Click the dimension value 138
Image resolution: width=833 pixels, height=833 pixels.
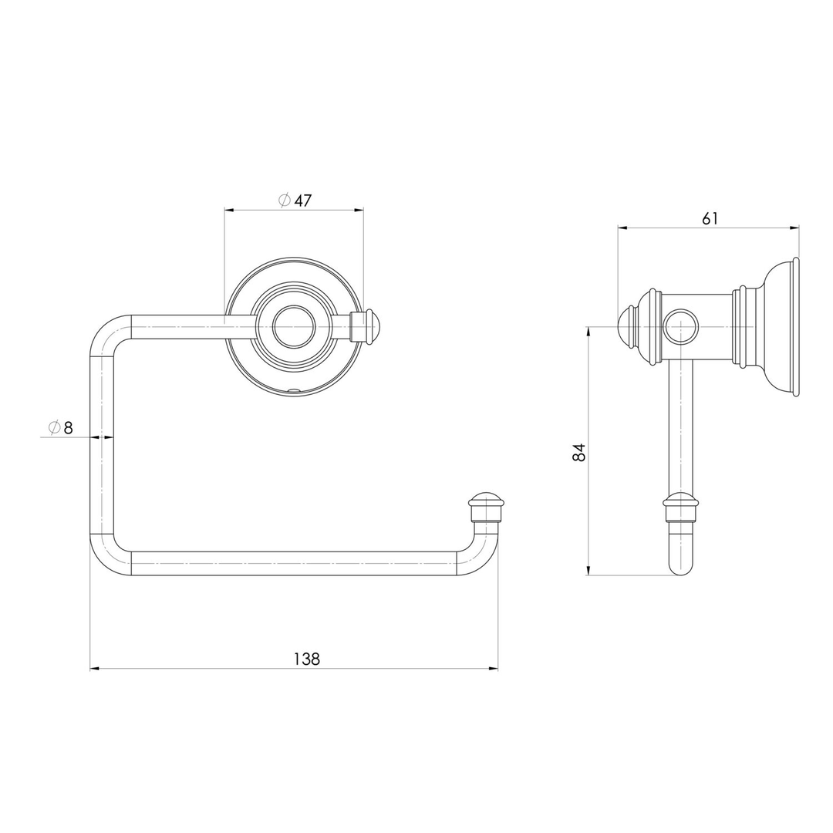point(306,659)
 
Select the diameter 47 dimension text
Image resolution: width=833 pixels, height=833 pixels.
point(295,201)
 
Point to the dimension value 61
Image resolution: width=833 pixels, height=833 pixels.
point(710,218)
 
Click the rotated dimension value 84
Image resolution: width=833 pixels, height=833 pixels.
point(579,452)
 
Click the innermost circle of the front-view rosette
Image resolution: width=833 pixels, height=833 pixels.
point(294,327)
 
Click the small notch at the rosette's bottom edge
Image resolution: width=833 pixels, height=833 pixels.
point(293,392)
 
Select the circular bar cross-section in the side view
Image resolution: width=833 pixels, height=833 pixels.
point(680,327)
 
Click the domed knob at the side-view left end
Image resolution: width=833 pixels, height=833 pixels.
point(626,327)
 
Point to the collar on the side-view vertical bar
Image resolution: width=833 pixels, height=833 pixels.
point(680,503)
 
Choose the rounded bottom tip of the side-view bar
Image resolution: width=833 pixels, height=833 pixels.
point(680,568)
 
